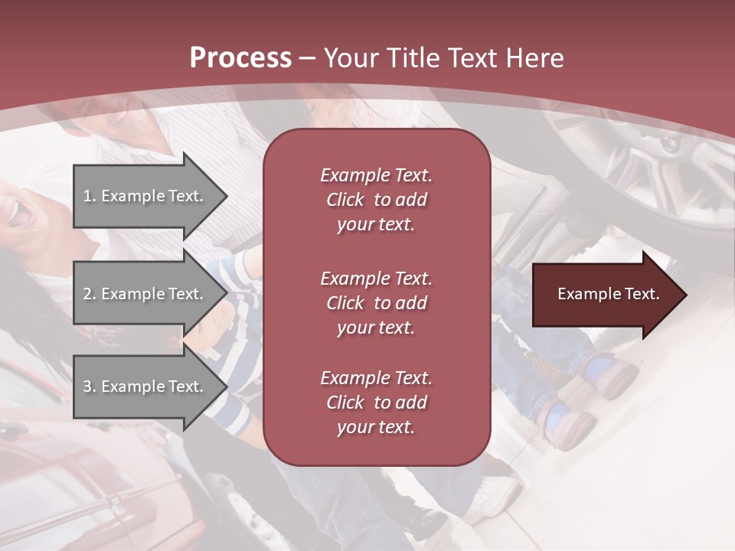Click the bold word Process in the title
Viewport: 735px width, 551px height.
coord(240,58)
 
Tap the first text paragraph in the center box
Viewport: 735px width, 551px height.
coord(376,200)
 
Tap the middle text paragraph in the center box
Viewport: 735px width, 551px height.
coord(376,303)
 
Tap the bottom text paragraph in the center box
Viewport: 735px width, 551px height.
coord(376,403)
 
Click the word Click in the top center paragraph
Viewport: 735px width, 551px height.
coord(345,200)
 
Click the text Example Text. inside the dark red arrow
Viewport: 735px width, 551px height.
coord(608,295)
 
